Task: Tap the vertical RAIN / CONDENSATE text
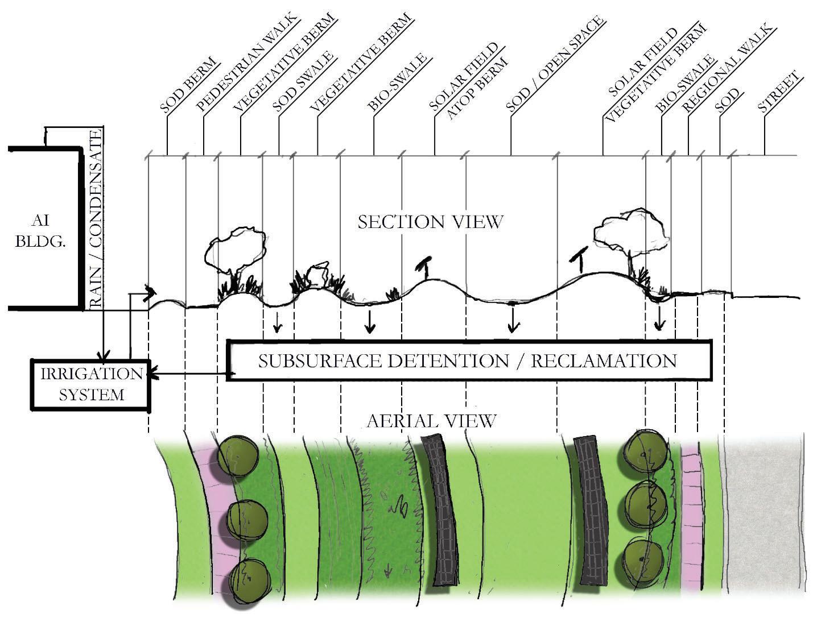(96, 219)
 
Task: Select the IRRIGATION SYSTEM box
(91, 384)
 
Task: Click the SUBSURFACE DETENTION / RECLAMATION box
(468, 360)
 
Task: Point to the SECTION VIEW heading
(430, 221)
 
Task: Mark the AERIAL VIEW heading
(431, 421)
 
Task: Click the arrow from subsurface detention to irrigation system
(188, 375)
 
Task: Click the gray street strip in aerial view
(762, 512)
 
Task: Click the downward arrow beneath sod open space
(513, 321)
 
